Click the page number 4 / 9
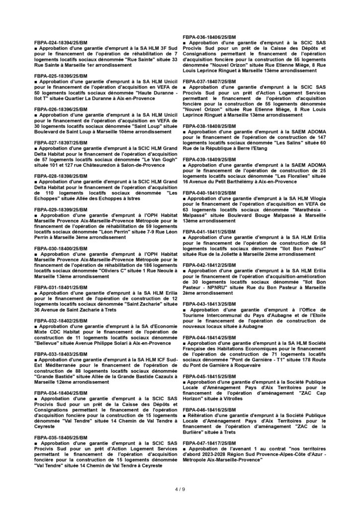point(180,489)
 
